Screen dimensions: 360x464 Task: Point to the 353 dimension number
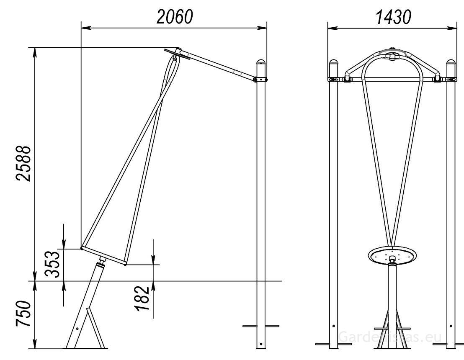pyautogui.click(x=53, y=265)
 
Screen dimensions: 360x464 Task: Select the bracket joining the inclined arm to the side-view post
pyautogui.click(x=260, y=79)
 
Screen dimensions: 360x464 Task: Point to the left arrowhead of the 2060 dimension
pyautogui.click(x=84, y=28)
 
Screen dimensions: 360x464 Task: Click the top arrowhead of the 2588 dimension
pyautogui.click(x=35, y=51)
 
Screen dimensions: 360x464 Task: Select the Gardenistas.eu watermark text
pyautogui.click(x=392, y=337)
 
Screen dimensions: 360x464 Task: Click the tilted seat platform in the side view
pyautogui.click(x=104, y=256)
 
